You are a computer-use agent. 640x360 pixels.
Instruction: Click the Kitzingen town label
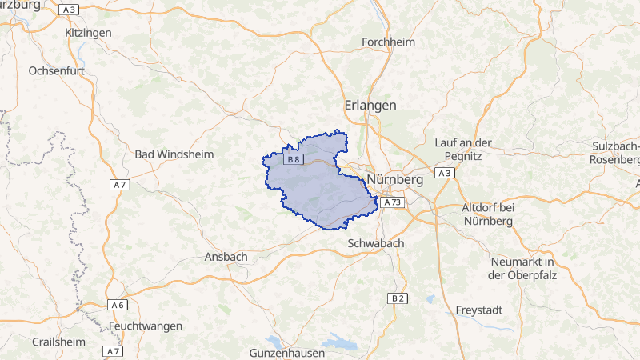[88, 33]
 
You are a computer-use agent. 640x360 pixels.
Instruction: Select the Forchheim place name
[389, 42]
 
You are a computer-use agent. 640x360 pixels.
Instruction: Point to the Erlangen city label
[370, 106]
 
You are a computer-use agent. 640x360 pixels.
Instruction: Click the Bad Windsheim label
[174, 154]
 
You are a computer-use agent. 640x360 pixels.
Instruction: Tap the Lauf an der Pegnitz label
[474, 149]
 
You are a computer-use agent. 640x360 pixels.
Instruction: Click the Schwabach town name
[376, 242]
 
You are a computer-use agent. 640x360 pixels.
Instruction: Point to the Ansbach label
[226, 257]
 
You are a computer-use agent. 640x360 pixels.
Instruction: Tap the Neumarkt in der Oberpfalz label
[522, 268]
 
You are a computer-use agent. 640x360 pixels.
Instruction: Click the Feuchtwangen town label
[146, 326]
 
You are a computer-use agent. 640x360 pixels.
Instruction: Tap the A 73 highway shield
[391, 203]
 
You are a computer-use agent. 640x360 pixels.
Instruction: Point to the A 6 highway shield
[118, 305]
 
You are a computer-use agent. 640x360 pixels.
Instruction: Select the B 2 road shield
[398, 298]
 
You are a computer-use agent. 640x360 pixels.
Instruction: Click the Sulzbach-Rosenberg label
[614, 153]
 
